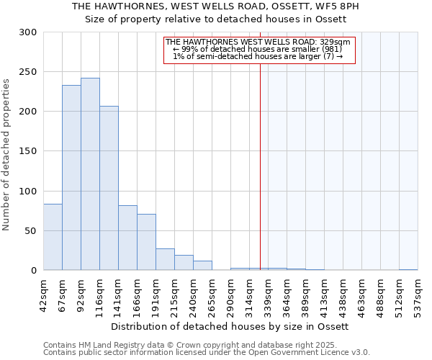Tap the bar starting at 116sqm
tap(109, 188)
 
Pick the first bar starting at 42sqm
tap(53, 237)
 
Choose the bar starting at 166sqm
tap(146, 242)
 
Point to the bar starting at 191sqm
tap(165, 259)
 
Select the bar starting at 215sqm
tap(184, 263)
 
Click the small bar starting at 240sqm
tap(202, 266)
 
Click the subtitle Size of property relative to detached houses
tap(216, 19)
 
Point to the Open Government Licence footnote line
tap(207, 352)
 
